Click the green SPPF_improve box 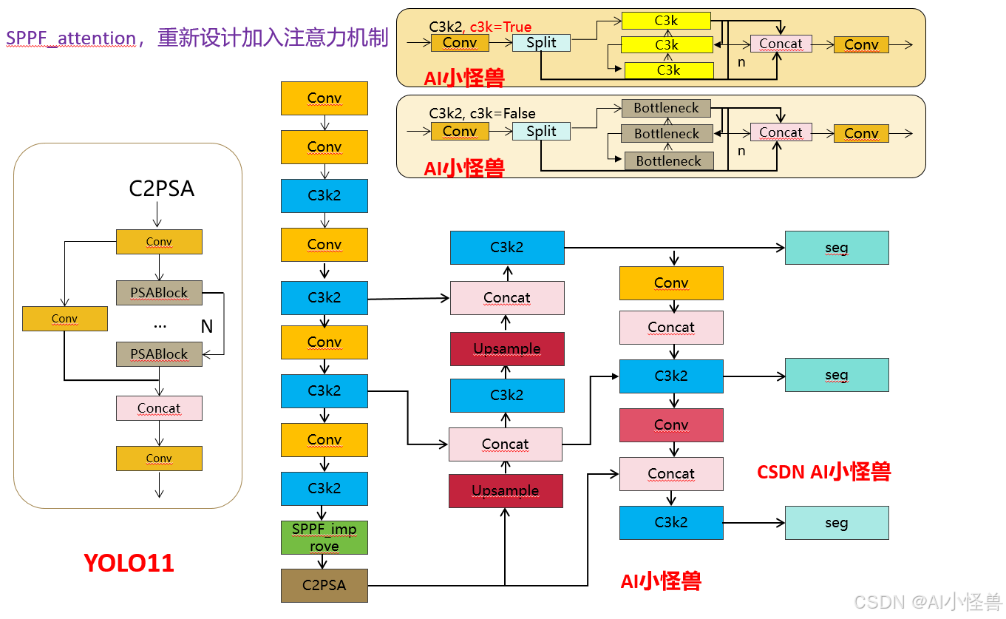click(324, 538)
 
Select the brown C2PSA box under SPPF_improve click(324, 585)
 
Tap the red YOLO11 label click(129, 563)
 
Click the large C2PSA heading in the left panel click(161, 189)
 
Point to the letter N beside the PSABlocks click(207, 326)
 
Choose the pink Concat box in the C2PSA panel click(159, 408)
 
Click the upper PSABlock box click(159, 293)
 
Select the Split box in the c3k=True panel click(541, 43)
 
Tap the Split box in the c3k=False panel click(541, 132)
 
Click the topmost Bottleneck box click(666, 108)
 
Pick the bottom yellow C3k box click(669, 70)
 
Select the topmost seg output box click(836, 248)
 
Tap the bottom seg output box click(836, 523)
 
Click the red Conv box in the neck click(671, 424)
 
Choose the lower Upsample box click(506, 491)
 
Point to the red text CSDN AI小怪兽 click(823, 472)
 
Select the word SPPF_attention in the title click(71, 38)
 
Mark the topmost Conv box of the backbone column click(324, 98)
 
